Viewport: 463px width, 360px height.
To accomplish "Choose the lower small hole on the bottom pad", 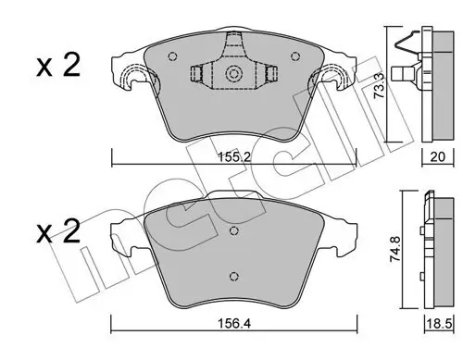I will pyautogui.click(x=235, y=275).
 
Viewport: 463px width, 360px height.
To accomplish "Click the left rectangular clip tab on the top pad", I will pyautogui.click(x=197, y=76).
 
